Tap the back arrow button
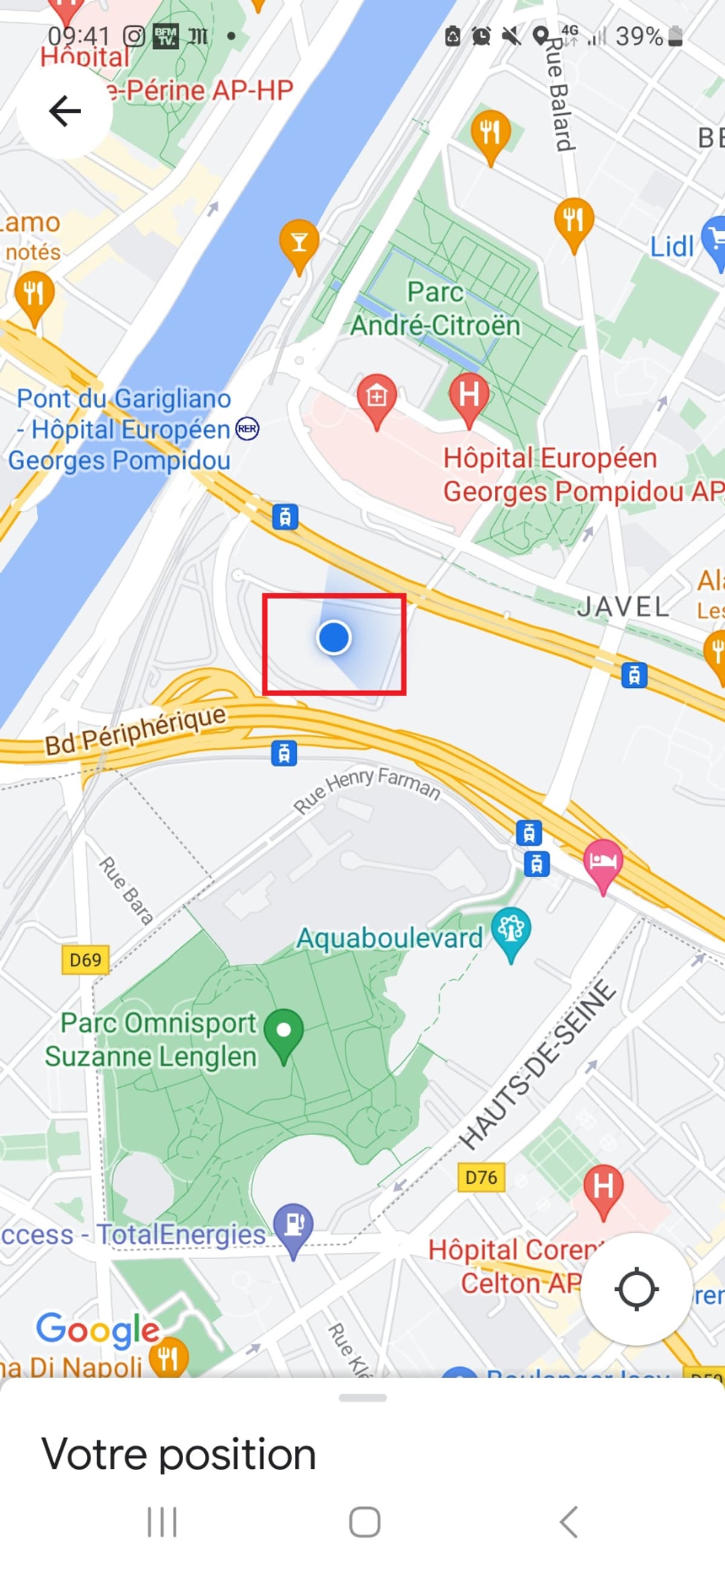(65, 111)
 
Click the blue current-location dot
(334, 638)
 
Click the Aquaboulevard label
(389, 938)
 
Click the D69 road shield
(85, 960)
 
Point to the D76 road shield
(481, 1177)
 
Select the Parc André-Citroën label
(435, 309)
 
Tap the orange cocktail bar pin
(299, 243)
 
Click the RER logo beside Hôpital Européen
(247, 429)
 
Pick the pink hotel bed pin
(603, 862)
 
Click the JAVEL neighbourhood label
(623, 607)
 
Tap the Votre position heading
(179, 1454)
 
